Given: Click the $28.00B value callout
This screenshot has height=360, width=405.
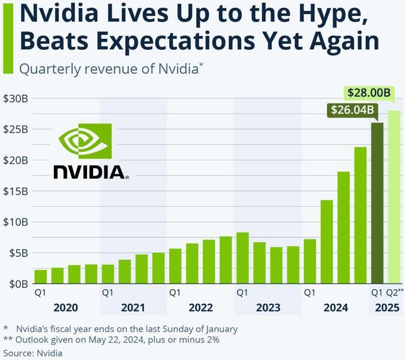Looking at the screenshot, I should click(x=369, y=93).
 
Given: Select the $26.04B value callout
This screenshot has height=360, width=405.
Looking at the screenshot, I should click(x=352, y=110).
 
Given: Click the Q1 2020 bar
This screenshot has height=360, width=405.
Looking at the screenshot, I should click(x=41, y=277).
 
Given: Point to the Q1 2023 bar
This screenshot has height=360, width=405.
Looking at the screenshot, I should click(x=242, y=258).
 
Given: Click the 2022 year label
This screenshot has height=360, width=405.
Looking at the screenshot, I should click(x=200, y=308).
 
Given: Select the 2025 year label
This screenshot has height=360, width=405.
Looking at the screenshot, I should click(x=386, y=308).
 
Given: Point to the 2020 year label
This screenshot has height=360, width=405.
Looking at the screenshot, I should click(x=65, y=308).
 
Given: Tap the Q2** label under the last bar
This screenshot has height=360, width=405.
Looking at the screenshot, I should click(x=394, y=293).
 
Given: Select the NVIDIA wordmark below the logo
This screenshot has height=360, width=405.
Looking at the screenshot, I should click(x=91, y=172).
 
